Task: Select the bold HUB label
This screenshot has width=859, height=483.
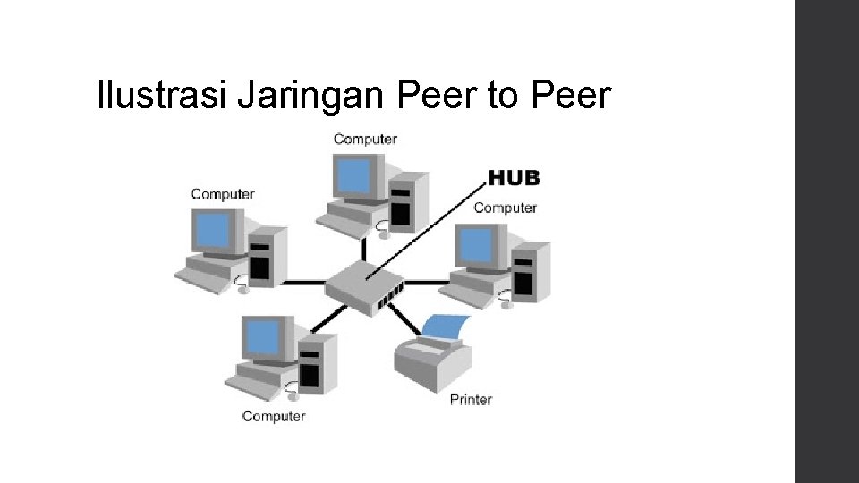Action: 514,177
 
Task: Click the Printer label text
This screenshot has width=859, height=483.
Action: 471,400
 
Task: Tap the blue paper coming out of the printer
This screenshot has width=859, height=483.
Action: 444,326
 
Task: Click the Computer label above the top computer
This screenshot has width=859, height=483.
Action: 365,139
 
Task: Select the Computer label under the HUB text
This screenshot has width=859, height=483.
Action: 505,208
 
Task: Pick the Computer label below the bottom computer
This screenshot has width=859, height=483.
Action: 274,416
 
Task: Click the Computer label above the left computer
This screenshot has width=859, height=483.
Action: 223,194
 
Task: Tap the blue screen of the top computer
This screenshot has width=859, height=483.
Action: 353,175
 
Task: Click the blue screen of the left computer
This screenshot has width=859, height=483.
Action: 216,231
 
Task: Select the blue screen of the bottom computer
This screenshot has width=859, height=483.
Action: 265,338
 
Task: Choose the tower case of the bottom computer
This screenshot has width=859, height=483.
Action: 312,363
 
